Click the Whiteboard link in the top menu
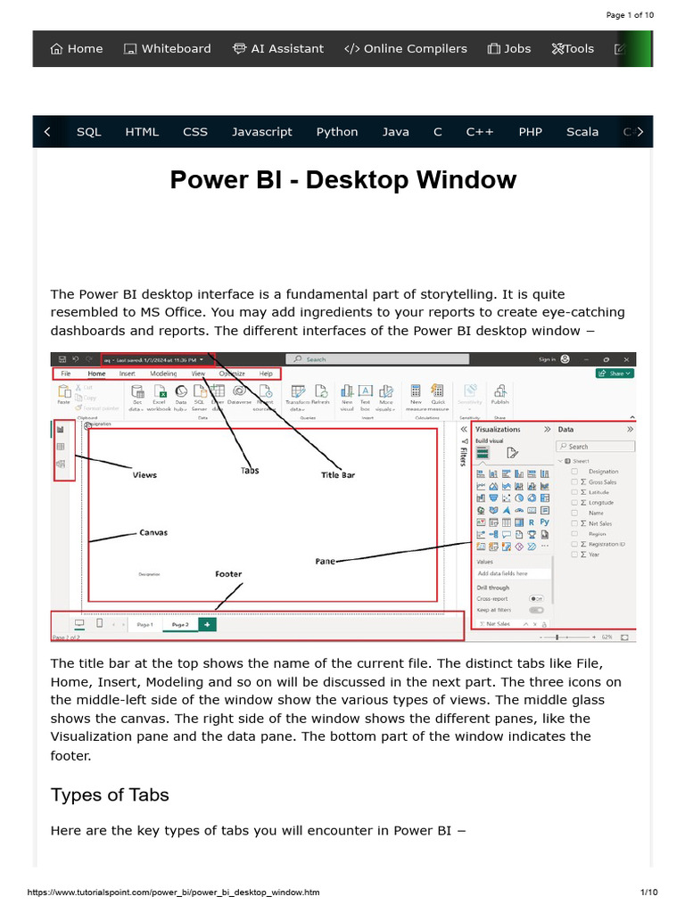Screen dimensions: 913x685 168,49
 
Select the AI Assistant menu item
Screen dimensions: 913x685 278,49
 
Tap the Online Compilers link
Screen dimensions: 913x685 406,49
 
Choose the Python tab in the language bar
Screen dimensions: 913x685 337,132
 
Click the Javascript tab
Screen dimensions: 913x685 262,132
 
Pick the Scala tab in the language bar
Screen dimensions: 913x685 582,132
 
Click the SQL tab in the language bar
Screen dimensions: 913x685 89,132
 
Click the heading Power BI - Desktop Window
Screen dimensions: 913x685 342,180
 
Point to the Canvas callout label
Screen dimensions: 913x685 153,532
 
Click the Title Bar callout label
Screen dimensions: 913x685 338,475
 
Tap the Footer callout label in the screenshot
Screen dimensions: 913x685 228,574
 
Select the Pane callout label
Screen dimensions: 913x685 325,562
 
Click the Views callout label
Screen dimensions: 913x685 144,475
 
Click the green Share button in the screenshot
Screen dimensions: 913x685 615,374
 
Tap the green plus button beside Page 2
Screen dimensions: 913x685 207,625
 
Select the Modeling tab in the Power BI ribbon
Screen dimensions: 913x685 162,374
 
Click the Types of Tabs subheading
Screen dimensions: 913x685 110,794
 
